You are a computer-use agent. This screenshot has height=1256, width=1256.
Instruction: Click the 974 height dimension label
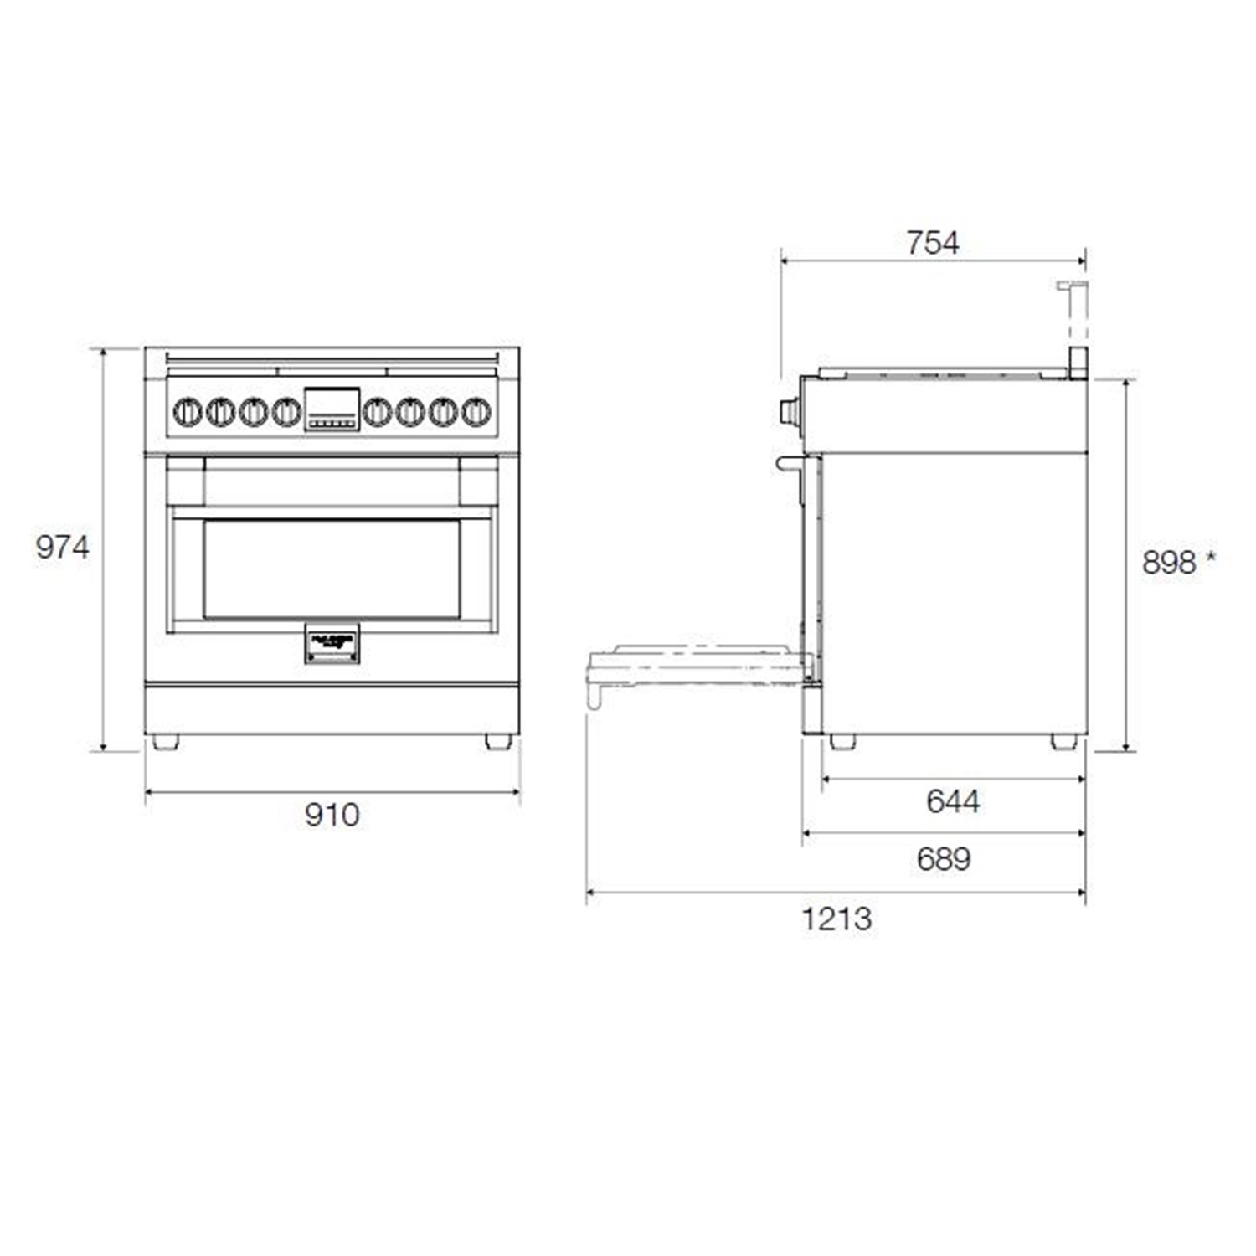62,547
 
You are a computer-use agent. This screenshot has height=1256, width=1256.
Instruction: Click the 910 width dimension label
332,814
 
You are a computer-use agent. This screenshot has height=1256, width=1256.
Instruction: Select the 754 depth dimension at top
932,243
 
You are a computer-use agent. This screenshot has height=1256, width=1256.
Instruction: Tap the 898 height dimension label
1169,563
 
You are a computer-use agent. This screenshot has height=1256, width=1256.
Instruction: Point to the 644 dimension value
953,801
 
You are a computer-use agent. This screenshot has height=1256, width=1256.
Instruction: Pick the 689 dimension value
944,858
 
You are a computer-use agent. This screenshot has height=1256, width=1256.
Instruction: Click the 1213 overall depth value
836,919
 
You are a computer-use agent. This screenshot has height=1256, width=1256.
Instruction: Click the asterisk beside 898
1210,559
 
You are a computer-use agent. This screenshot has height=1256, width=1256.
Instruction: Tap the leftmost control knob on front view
188,411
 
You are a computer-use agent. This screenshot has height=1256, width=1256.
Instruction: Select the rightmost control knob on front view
476,411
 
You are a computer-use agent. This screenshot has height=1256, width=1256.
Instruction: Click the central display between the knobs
332,409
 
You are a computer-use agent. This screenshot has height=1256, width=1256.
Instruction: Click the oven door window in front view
332,569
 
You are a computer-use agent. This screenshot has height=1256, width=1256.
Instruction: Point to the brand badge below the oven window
332,643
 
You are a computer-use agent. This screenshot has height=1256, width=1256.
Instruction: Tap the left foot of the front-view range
165,742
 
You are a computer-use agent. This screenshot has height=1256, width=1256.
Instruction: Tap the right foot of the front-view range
498,742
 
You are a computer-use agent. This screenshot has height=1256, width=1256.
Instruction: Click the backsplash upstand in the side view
1075,327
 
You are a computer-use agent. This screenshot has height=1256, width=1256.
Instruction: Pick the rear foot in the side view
1063,742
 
